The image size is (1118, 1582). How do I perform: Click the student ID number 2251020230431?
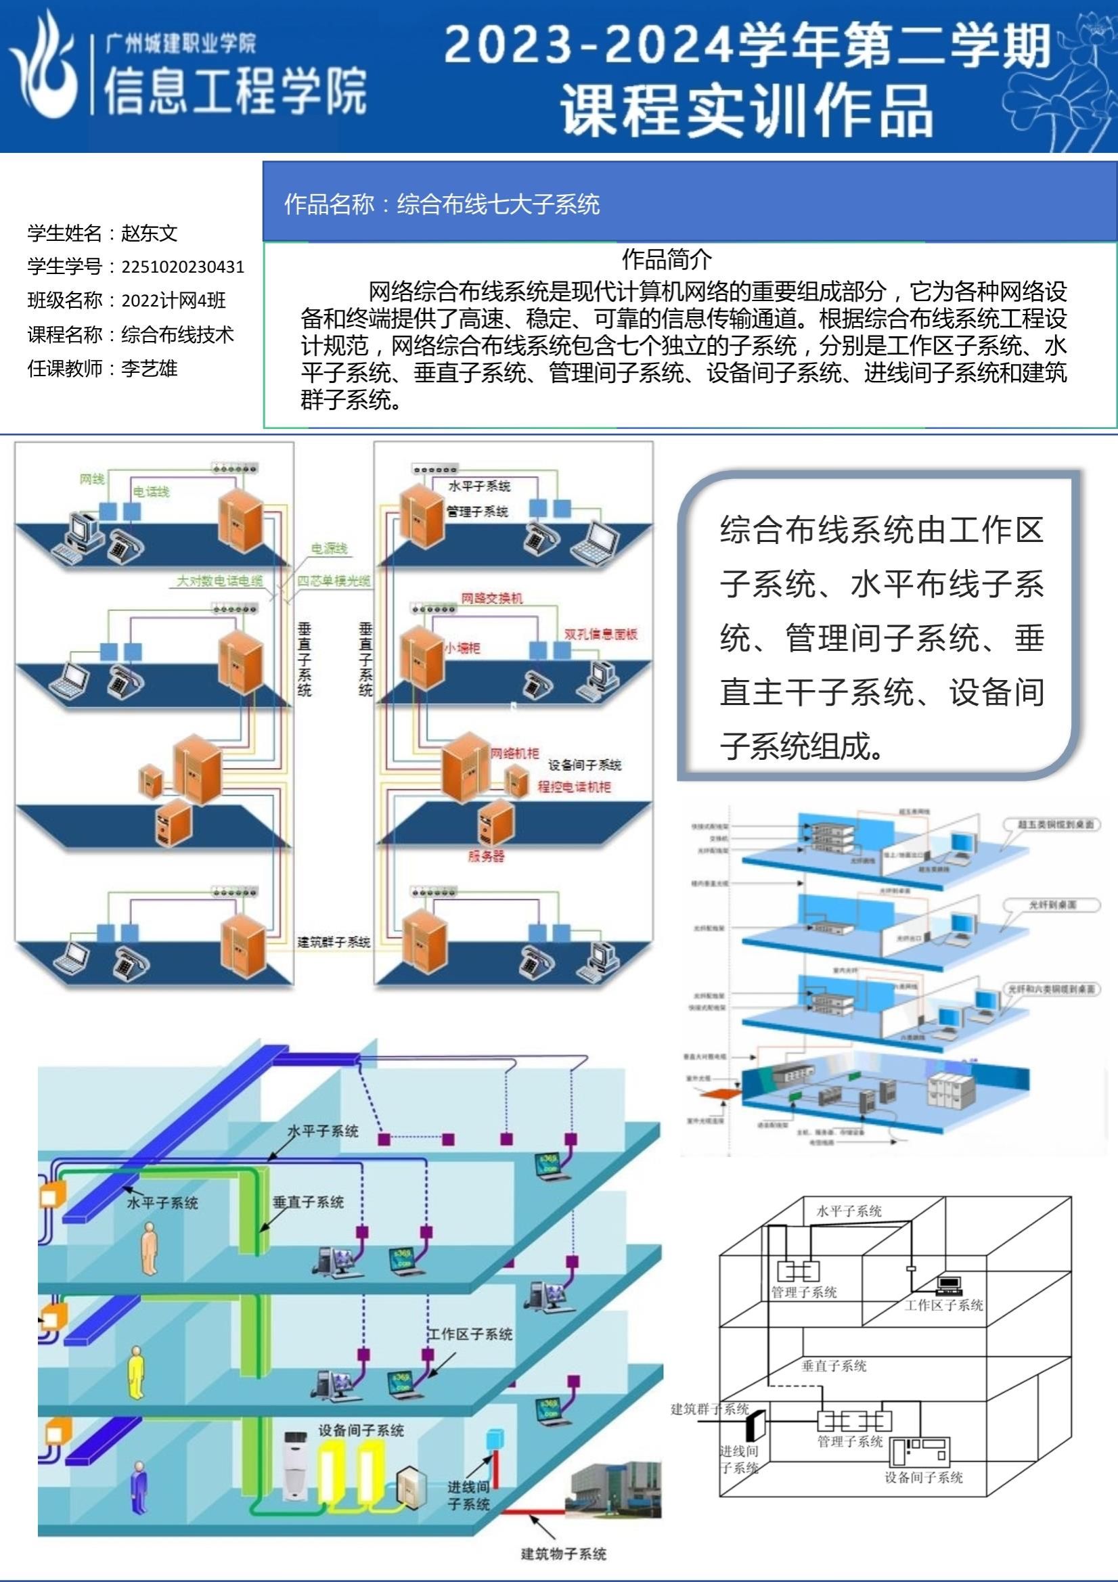click(x=183, y=267)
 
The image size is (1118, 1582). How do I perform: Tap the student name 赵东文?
click(x=150, y=233)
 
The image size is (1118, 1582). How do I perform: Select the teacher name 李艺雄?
click(x=150, y=369)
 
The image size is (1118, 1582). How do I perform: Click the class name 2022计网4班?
click(x=174, y=300)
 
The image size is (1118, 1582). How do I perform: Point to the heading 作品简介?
click(x=667, y=260)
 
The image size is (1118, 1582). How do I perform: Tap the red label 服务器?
click(x=486, y=857)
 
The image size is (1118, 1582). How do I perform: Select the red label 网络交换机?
click(x=491, y=598)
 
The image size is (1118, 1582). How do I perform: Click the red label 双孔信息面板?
click(x=600, y=634)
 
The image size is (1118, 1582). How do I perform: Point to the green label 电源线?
click(x=329, y=549)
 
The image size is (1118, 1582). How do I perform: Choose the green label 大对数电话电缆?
click(x=220, y=581)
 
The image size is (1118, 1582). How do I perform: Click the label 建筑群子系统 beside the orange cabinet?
click(x=334, y=941)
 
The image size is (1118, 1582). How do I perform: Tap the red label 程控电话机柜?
click(x=573, y=787)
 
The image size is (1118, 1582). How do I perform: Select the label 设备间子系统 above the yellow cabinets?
click(x=361, y=1430)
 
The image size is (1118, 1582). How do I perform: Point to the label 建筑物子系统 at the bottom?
click(x=563, y=1554)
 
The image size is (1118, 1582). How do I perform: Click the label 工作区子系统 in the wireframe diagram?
click(x=943, y=1305)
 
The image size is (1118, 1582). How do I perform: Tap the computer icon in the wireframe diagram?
click(x=949, y=1283)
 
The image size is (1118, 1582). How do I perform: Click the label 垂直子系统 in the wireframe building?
click(x=833, y=1365)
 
